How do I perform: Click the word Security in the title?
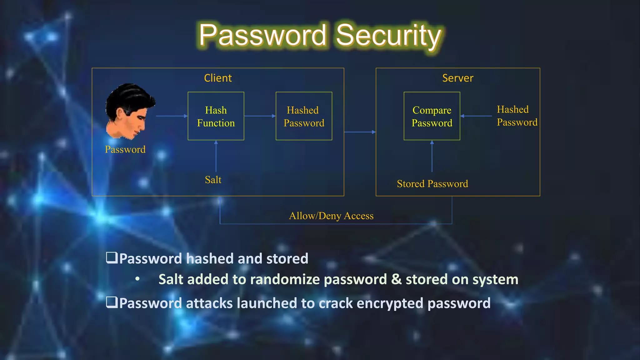[388, 36]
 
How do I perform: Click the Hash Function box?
[216, 116]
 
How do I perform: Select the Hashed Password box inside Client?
[304, 116]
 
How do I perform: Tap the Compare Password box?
[432, 116]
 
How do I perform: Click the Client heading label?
[218, 78]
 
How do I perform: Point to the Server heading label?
[458, 78]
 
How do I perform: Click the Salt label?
[213, 180]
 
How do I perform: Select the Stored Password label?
[432, 184]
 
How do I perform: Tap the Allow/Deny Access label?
[331, 216]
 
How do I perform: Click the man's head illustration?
[130, 111]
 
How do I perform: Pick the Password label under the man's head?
[125, 149]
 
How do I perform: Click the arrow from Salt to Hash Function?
[216, 156]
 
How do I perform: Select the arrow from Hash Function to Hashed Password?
[260, 116]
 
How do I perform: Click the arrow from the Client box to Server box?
[360, 132]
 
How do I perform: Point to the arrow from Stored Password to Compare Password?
[432, 156]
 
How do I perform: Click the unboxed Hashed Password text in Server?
[517, 116]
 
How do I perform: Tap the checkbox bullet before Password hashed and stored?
[112, 258]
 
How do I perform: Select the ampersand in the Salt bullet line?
[396, 279]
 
